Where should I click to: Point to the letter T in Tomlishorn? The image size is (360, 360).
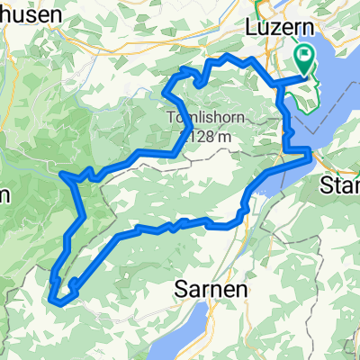(171, 117)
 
